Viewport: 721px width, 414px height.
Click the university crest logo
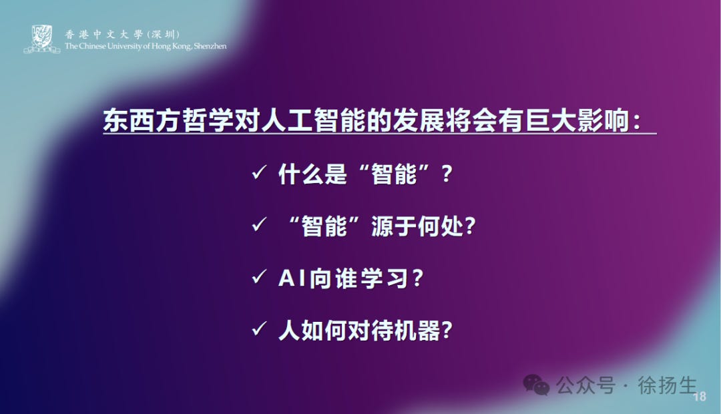[x=42, y=39]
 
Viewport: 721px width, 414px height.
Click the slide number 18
[x=700, y=397]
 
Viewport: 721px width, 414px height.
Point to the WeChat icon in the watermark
[x=536, y=385]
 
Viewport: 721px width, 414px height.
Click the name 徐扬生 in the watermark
[x=667, y=385]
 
